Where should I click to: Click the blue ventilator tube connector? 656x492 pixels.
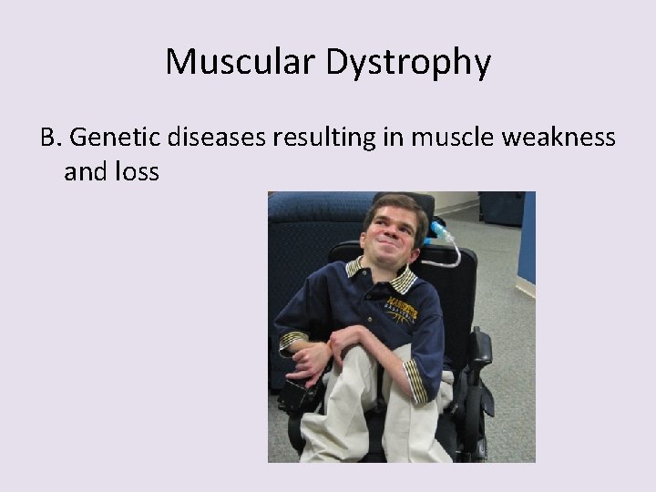(x=438, y=229)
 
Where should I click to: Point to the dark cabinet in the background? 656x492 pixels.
(x=502, y=207)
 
